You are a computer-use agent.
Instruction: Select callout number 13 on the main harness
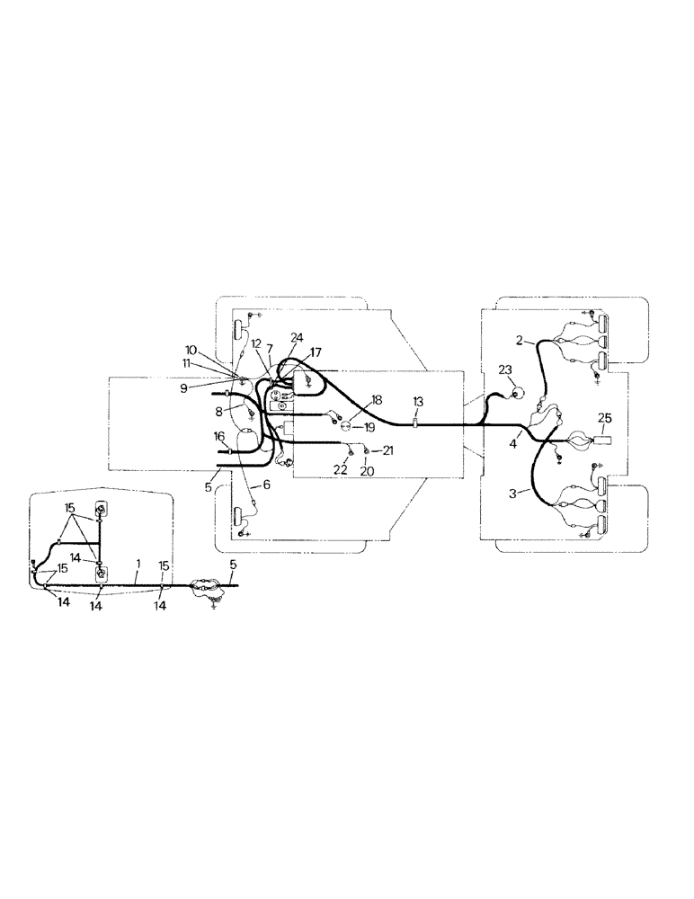(417, 400)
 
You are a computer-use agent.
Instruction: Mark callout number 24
(298, 337)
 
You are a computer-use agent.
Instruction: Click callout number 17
(316, 352)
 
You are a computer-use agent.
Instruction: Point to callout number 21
(387, 449)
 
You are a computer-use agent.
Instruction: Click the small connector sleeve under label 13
(416, 421)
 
